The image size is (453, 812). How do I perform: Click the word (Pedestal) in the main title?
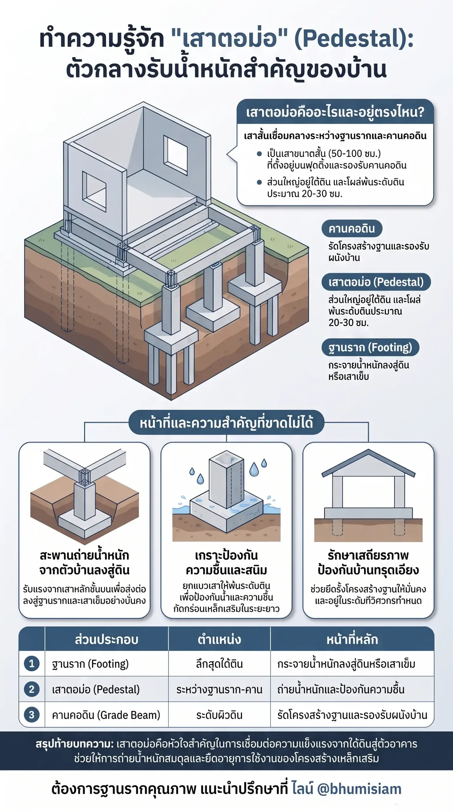[354, 39]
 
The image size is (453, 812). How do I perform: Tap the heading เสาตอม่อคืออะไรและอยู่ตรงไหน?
[335, 112]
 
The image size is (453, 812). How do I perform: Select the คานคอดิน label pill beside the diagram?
[352, 228]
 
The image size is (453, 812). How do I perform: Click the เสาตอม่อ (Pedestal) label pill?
[376, 282]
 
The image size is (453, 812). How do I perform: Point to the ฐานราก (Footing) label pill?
[370, 347]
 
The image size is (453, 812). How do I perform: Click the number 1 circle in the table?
[32, 664]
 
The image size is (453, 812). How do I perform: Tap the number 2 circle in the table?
[32, 689]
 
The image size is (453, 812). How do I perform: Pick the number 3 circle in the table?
[32, 715]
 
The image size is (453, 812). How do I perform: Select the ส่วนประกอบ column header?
[107, 639]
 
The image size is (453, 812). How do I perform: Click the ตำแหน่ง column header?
[219, 639]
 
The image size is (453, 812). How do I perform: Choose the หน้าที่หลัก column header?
[352, 639]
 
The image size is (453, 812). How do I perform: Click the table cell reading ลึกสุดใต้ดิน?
[219, 664]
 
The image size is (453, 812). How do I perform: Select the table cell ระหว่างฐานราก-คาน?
[219, 690]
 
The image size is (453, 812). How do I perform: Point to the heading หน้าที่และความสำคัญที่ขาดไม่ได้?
[226, 422]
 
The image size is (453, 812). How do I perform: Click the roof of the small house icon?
[368, 463]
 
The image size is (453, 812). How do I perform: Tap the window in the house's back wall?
[175, 155]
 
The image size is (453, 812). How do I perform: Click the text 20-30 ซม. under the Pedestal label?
[348, 323]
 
